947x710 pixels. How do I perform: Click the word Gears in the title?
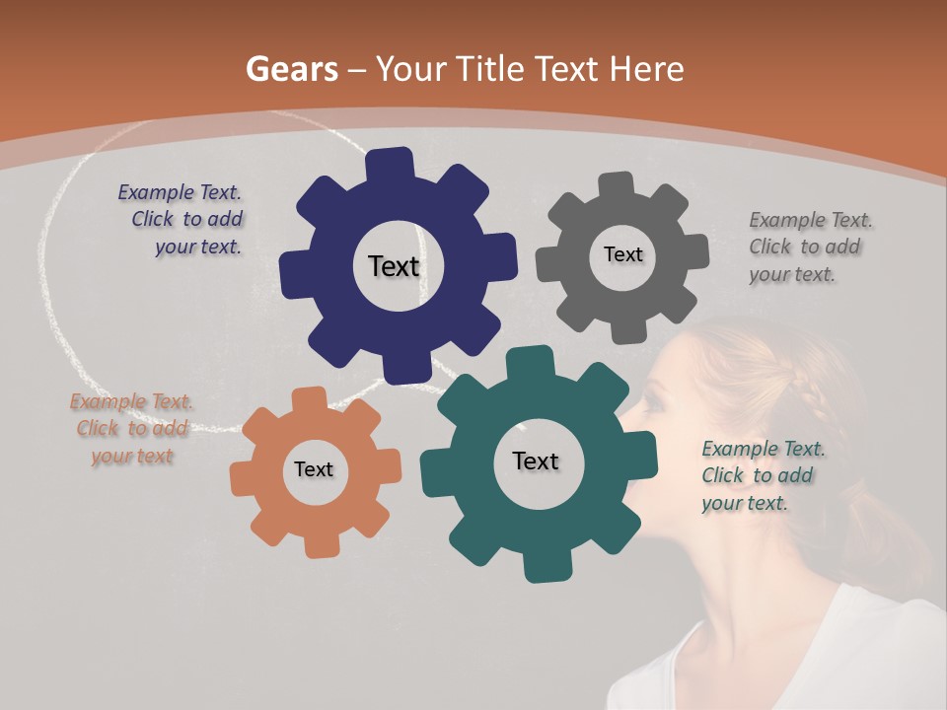(291, 69)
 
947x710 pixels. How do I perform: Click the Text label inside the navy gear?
(394, 266)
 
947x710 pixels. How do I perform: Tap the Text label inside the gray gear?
(622, 254)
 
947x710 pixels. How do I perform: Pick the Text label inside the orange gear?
(314, 469)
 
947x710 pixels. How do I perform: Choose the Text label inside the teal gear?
(536, 461)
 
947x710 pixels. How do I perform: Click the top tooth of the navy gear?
(390, 164)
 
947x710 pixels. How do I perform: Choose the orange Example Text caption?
(132, 429)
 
